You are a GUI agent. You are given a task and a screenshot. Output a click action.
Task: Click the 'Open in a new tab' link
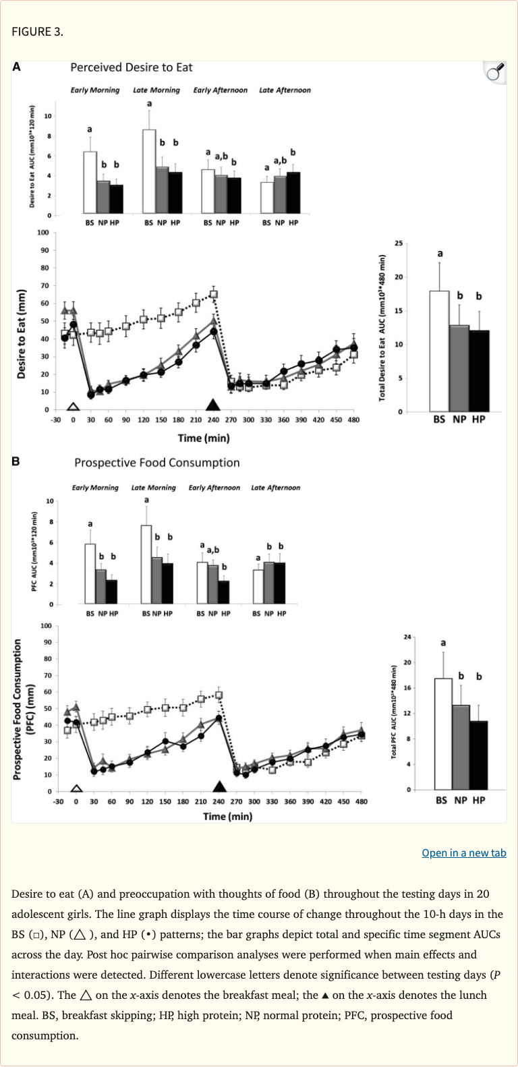click(x=463, y=853)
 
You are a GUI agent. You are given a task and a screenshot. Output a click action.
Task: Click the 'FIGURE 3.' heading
click(x=37, y=32)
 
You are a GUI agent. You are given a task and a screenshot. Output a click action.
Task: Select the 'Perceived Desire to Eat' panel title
click(x=132, y=67)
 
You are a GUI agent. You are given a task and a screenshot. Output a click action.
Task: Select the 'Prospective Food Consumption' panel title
click(x=156, y=463)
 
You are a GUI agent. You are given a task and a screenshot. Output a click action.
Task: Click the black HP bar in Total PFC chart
click(x=478, y=755)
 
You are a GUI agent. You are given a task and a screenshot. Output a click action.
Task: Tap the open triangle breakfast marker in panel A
click(x=73, y=407)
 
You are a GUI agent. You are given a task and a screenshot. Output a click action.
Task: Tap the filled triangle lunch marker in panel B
click(x=219, y=786)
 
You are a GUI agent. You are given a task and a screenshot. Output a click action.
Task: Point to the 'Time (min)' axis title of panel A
click(x=203, y=438)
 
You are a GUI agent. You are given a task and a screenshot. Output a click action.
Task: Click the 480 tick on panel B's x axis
click(x=362, y=802)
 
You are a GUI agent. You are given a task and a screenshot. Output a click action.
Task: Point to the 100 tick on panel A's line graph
click(x=43, y=233)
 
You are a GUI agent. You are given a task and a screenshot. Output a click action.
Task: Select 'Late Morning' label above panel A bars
click(x=156, y=90)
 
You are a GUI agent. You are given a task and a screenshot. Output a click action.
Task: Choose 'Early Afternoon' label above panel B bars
click(x=214, y=488)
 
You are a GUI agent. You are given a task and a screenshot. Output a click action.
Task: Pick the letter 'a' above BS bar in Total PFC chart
click(x=442, y=643)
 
